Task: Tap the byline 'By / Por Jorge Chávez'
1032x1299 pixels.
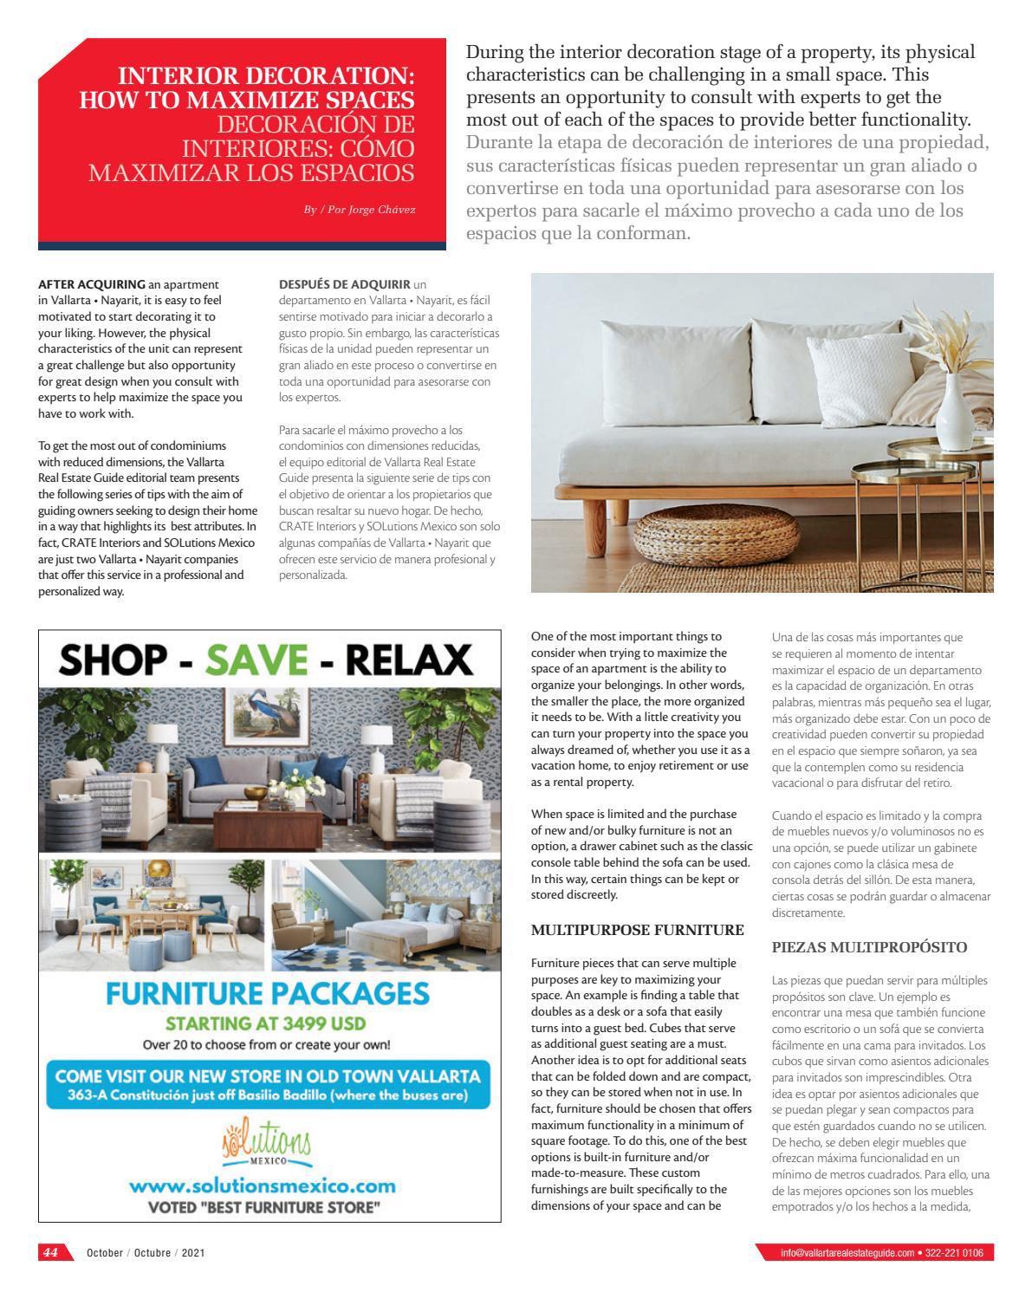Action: pyautogui.click(x=359, y=210)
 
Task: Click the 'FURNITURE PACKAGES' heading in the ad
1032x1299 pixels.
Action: pyautogui.click(x=268, y=993)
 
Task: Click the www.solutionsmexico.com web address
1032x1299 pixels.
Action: pyautogui.click(x=263, y=1185)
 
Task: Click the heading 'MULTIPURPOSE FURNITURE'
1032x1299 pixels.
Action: pyautogui.click(x=637, y=930)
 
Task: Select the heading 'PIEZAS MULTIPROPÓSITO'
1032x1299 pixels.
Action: pyautogui.click(x=869, y=947)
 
